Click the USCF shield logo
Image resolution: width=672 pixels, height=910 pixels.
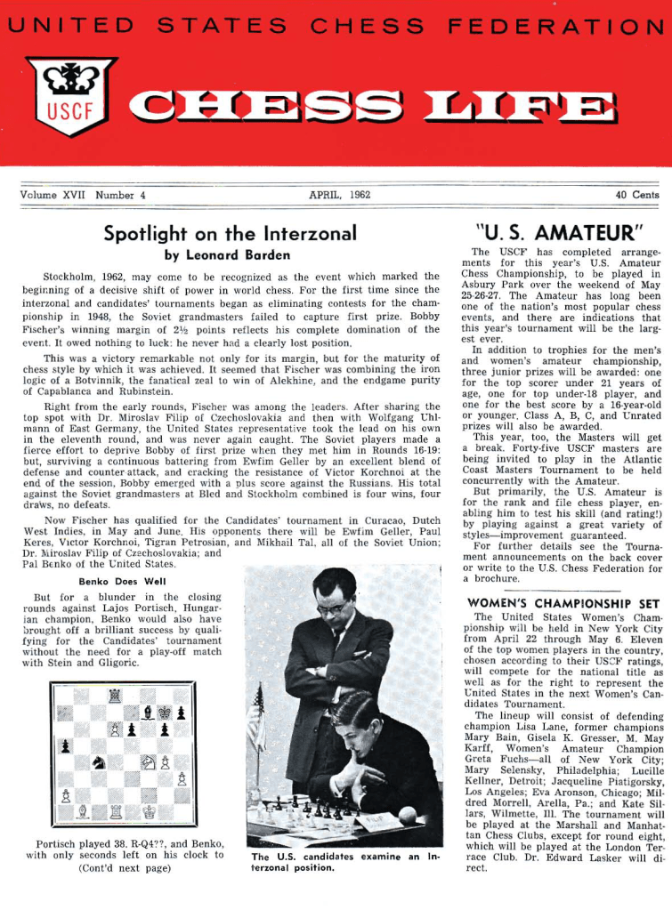click(71, 94)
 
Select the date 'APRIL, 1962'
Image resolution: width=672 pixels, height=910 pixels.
click(339, 194)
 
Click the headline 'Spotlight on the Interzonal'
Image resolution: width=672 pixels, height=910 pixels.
click(230, 234)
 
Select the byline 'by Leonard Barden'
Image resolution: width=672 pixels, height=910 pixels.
click(230, 254)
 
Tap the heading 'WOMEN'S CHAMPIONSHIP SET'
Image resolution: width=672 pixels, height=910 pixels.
click(563, 604)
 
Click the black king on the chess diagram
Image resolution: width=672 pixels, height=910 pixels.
click(166, 713)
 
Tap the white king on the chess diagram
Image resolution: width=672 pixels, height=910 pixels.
click(149, 812)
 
